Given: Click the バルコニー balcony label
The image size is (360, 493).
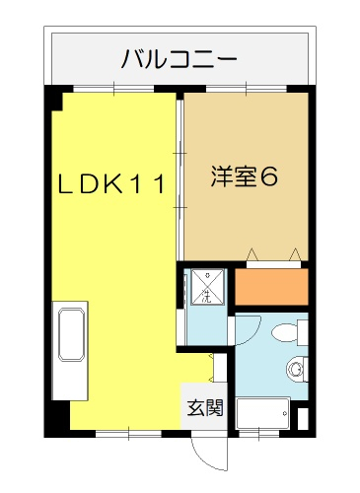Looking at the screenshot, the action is point(179,59).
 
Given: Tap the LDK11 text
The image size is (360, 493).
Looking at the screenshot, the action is point(111,184).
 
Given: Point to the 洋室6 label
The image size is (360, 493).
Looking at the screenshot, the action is point(245,176).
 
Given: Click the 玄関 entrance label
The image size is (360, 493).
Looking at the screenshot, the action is point(205,407).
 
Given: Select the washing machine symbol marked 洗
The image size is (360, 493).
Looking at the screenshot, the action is point(209,287).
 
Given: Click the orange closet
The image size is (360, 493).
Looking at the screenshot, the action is point(271,287).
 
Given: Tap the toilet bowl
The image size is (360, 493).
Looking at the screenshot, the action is point(289,332).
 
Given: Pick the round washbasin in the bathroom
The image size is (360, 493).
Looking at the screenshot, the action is point(296,369).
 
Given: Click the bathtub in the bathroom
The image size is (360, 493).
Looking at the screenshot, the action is point(263,413).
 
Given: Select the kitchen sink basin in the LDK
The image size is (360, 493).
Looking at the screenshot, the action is point(72,334).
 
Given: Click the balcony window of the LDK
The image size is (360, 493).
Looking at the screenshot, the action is point(113,89).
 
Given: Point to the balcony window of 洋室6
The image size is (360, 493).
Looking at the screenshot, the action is point(247,89).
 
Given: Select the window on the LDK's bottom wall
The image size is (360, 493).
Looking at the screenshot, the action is point(128,434).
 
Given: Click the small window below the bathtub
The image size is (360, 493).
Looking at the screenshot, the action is point(259,434).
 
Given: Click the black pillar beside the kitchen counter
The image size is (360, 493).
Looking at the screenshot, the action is point(61,415).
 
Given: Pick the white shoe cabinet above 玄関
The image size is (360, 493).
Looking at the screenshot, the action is point(220,368).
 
